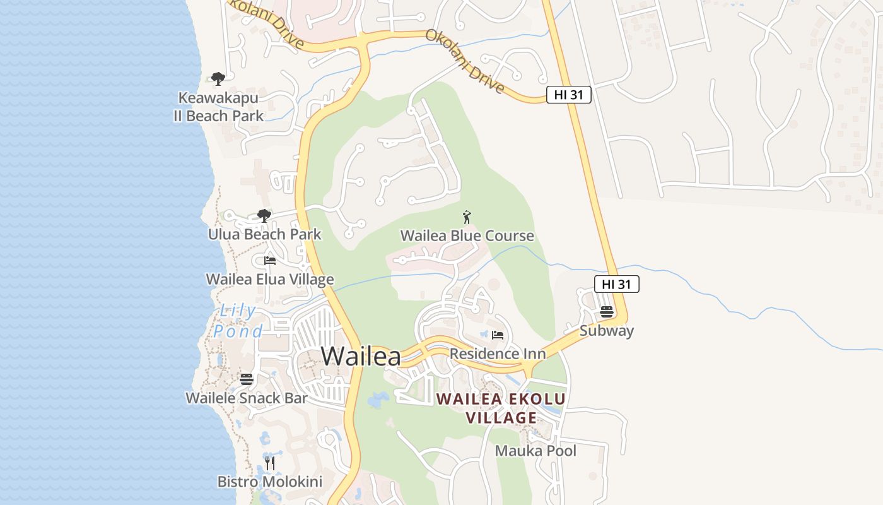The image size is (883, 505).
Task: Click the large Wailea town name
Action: tap(361, 356)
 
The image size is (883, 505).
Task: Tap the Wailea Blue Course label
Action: tap(467, 236)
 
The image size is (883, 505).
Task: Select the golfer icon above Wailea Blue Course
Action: tap(467, 218)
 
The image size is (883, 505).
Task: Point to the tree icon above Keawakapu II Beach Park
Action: tap(218, 79)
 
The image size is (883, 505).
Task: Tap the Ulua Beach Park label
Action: tap(265, 234)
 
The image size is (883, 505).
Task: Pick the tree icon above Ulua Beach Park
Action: tap(264, 217)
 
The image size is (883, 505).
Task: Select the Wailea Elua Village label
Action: tap(270, 279)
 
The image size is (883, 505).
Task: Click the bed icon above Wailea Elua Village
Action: tap(270, 261)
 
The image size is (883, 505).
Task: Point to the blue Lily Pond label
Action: tap(238, 321)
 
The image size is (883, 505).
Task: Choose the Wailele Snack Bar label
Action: tap(247, 398)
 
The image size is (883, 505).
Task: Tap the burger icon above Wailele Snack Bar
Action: tap(247, 379)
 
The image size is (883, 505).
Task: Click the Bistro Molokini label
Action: tap(270, 482)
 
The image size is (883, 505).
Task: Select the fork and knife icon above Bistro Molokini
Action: tap(270, 463)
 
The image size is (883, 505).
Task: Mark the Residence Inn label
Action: tap(498, 353)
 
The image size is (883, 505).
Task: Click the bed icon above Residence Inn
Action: tap(498, 335)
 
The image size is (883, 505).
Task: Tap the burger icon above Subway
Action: tap(607, 312)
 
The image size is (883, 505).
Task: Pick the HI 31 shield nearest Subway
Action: tap(616, 284)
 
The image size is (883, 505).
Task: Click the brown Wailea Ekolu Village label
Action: tap(501, 408)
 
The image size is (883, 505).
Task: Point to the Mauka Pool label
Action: tap(535, 451)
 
